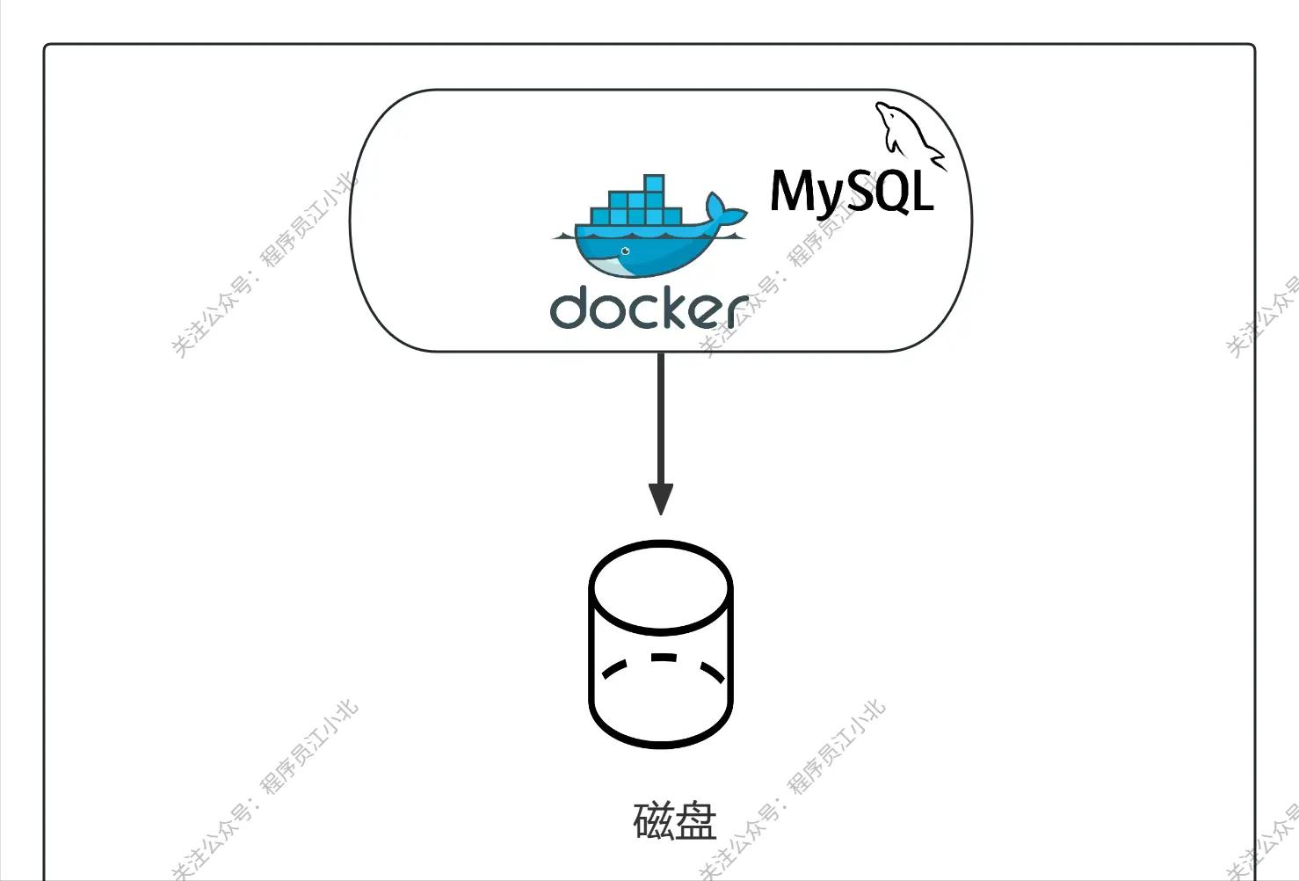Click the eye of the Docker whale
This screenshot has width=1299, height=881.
tap(625, 251)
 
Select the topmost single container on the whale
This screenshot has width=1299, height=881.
tap(653, 184)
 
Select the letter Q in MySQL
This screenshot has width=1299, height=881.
tap(889, 193)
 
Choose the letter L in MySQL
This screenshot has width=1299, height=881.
tap(921, 192)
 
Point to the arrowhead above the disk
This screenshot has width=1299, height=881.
tap(660, 499)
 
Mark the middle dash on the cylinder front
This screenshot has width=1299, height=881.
tap(664, 657)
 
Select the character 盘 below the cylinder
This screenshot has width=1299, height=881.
tap(696, 820)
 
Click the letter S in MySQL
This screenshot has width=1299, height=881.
tap(854, 191)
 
